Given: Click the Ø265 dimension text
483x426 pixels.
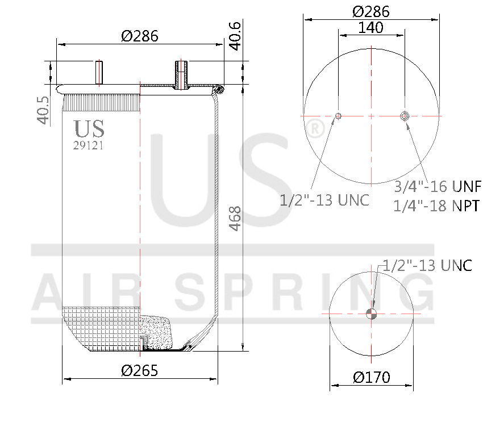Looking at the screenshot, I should tap(139, 371).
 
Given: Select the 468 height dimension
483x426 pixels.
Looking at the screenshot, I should tap(234, 218).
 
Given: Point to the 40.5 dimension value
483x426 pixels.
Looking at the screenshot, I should tap(42, 110).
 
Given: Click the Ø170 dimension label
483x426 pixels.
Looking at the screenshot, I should tap(371, 377).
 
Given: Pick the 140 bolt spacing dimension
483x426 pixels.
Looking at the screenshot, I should tap(371, 27).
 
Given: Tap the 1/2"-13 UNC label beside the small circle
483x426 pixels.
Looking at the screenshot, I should tap(427, 265).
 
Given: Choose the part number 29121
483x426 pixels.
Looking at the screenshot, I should tap(89, 145).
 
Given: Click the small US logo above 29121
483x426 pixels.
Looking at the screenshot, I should tap(89, 129).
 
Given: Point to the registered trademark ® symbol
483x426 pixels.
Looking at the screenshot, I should tap(314, 130).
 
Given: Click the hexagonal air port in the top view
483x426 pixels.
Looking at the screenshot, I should tap(405, 116).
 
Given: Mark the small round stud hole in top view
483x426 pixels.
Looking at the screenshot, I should tap(339, 116).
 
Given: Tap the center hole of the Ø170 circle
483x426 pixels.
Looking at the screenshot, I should tap(371, 314).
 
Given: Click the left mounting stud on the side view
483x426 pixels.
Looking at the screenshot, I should tap(99, 72).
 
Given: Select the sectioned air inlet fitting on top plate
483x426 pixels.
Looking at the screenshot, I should tap(182, 73).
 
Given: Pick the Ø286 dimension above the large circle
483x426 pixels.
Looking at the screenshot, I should tap(371, 11).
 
